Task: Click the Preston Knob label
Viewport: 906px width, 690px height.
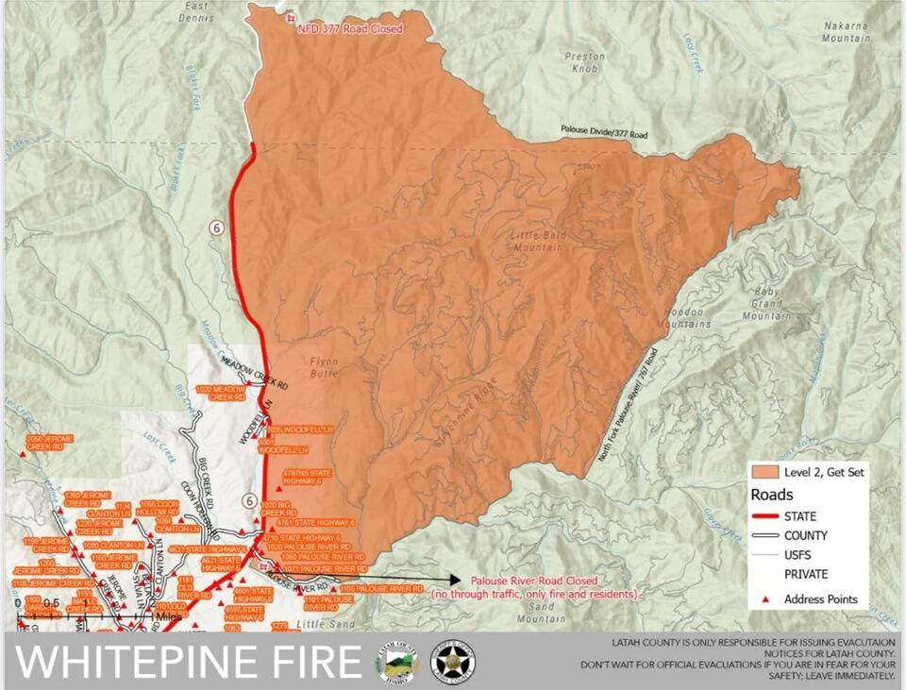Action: click(x=584, y=62)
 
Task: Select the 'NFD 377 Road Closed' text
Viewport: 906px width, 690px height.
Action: click(x=349, y=29)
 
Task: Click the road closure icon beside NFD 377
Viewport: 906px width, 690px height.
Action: click(x=290, y=17)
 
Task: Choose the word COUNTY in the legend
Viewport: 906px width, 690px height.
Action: click(x=806, y=536)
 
